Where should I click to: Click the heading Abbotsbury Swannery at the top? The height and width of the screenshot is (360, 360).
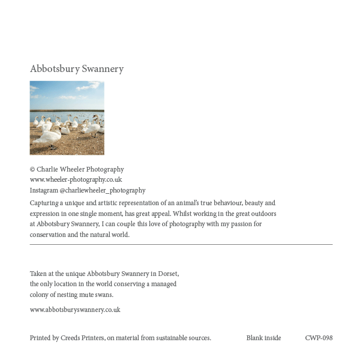click(77, 69)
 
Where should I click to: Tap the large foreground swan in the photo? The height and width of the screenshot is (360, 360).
click(48, 137)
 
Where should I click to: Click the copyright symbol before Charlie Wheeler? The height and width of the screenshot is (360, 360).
click(32, 170)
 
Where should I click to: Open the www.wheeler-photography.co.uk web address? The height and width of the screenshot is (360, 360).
click(76, 179)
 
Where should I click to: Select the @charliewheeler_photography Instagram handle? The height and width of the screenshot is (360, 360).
click(103, 190)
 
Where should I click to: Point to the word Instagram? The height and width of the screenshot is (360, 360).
click(44, 190)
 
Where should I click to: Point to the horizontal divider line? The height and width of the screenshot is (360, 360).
click(181, 245)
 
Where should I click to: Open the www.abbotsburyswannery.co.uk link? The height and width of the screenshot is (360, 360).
click(75, 310)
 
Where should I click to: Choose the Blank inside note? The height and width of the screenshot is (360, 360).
click(263, 338)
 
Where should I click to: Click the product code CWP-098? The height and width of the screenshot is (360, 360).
click(319, 338)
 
